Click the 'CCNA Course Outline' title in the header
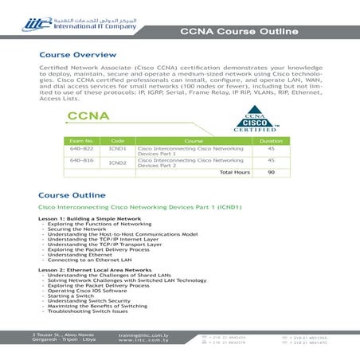[239, 32]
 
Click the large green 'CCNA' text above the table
[88, 117]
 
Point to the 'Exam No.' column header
[83, 140]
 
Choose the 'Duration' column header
[271, 140]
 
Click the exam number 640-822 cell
[83, 148]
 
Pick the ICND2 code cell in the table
[117, 162]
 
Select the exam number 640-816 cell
[83, 161]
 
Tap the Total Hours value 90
[271, 172]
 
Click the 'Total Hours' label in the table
[234, 172]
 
